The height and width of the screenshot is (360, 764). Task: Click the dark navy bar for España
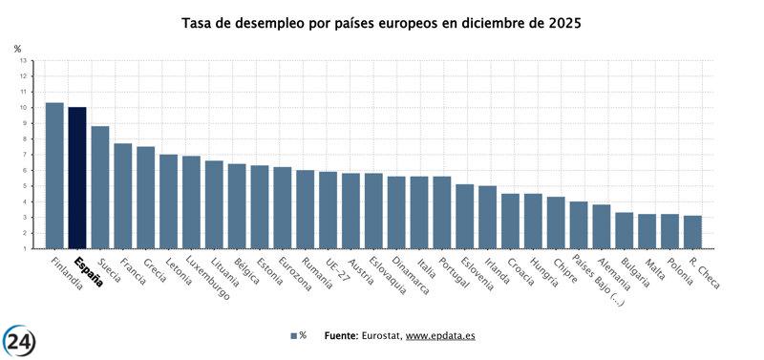(77, 178)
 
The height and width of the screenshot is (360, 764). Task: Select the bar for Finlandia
(54, 175)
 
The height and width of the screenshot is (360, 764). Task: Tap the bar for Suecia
(100, 187)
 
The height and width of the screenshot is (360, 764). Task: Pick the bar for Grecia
(146, 197)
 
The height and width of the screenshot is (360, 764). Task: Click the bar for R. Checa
(692, 232)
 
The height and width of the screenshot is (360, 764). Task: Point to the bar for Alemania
(602, 226)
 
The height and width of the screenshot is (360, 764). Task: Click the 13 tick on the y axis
(23, 60)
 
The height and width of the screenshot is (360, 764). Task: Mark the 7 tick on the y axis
(24, 155)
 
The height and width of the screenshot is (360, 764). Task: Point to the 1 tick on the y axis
(24, 248)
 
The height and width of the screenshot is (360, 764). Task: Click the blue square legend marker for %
(294, 336)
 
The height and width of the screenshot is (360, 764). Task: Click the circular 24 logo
(20, 339)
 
